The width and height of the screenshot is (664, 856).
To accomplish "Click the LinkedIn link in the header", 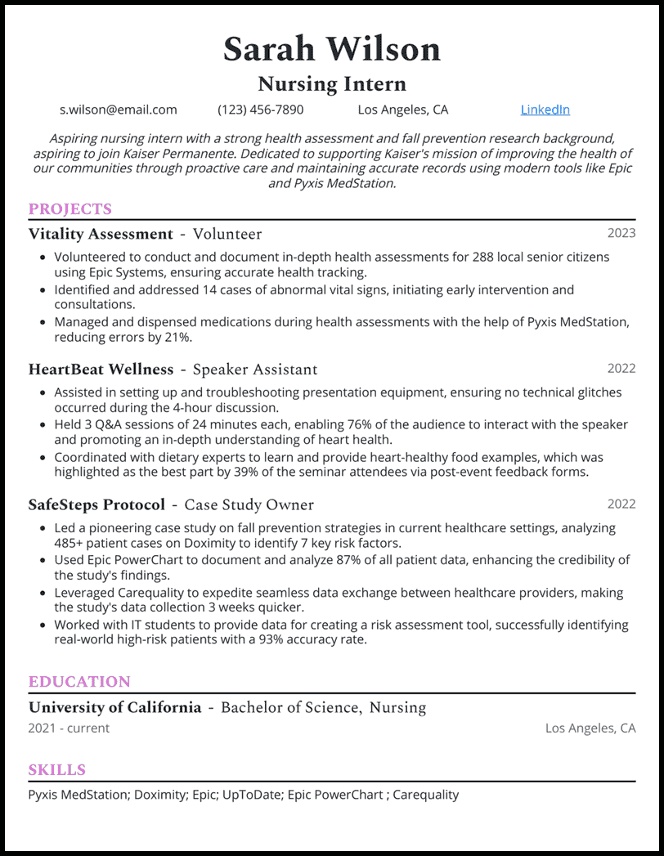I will (x=545, y=110).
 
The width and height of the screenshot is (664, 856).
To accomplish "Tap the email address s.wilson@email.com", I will (x=119, y=110).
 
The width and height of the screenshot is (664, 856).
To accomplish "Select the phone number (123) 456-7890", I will (x=260, y=110).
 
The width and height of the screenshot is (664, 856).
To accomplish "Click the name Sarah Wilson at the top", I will (x=331, y=49).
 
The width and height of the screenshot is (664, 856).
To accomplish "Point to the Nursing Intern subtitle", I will (x=331, y=83).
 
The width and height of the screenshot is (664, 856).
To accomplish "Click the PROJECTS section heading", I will (x=70, y=209).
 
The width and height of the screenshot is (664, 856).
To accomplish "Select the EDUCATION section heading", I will (x=79, y=682).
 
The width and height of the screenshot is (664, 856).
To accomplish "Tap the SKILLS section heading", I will (x=57, y=770).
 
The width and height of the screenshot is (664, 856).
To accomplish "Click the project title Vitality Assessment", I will (x=101, y=235).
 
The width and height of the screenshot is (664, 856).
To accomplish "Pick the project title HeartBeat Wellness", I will (x=101, y=370).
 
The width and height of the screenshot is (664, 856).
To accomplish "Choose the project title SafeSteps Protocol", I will (x=96, y=505).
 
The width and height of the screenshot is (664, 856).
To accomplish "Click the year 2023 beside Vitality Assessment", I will (x=621, y=233).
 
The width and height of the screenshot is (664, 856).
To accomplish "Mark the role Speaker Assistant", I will (x=255, y=370).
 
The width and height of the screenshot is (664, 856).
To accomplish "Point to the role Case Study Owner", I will (x=249, y=505).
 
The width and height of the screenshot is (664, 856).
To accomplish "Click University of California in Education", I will (x=114, y=707).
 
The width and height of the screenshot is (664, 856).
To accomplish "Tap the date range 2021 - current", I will (x=69, y=728).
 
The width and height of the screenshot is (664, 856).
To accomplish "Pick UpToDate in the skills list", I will (x=250, y=794).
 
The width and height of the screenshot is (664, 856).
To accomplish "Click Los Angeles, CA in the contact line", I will (x=403, y=110).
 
